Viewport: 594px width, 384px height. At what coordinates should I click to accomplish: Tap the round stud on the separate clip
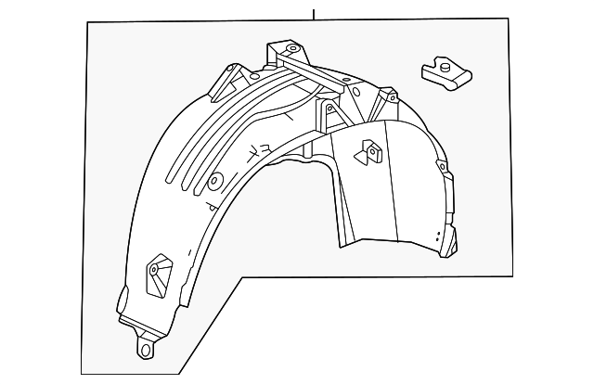coord(443,67)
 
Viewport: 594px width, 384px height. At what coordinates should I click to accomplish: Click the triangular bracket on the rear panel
coord(369,151)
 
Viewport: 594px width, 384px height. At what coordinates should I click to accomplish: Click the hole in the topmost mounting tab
coord(291,48)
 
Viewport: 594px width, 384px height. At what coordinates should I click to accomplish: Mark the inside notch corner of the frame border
coord(243,276)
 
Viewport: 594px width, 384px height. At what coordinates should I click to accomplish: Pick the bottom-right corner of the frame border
coord(510,276)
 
